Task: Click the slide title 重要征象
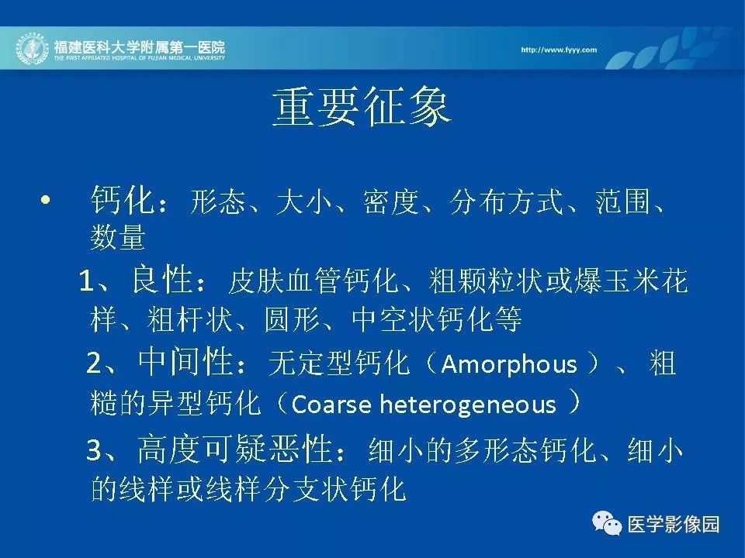coord(362,108)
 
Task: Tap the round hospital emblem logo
coord(33,49)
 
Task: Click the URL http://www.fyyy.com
coord(559,50)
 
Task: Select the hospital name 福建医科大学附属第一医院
coord(139,47)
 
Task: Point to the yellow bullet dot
coord(46,200)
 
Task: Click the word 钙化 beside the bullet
coord(122,200)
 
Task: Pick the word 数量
coord(117,237)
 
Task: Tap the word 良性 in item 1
coord(162,280)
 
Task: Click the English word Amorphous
coord(509,364)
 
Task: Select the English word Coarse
coord(331,405)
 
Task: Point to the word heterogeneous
coord(467,405)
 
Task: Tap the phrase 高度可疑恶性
coord(234,449)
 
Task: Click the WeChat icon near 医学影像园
coord(607,523)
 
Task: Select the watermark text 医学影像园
coord(674,525)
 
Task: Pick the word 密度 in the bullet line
coord(390,201)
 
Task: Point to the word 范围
coord(622,201)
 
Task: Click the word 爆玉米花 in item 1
coord(630,281)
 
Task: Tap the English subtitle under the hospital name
coord(139,58)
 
